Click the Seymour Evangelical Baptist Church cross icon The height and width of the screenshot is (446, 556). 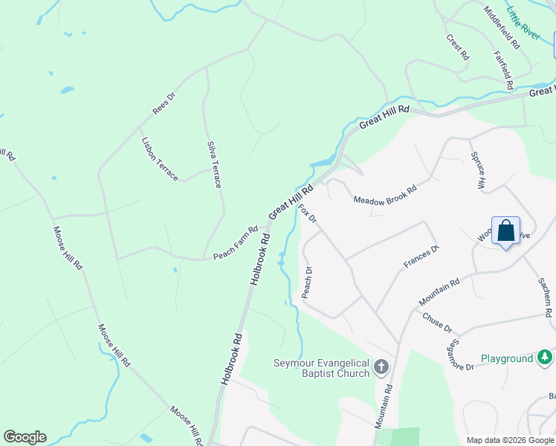(x=381, y=366)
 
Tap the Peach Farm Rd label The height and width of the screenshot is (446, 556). (x=235, y=244)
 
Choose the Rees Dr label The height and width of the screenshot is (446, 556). (x=164, y=103)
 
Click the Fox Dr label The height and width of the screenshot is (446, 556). (x=307, y=213)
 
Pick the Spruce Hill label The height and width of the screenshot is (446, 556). (x=477, y=170)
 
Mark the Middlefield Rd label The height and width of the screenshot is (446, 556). (x=502, y=28)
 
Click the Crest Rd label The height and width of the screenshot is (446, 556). (x=458, y=47)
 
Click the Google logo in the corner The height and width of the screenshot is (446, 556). (x=25, y=437)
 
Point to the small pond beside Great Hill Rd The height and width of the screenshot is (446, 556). (x=323, y=161)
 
